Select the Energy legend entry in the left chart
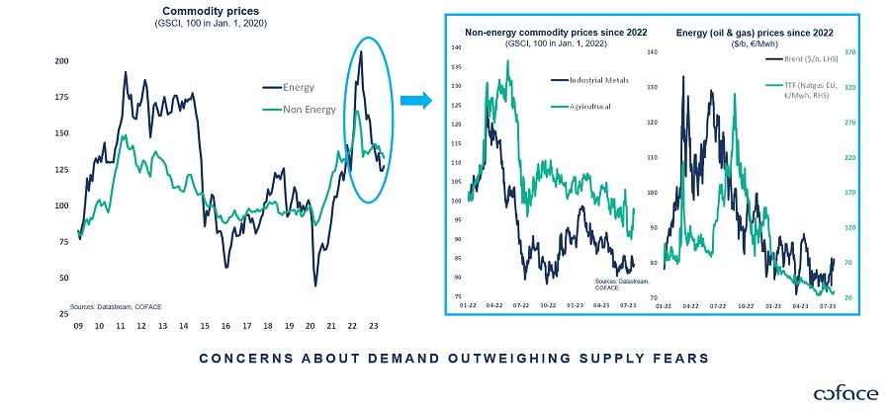tap(298, 88)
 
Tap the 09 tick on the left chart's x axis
tap(78, 325)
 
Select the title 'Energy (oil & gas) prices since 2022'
tap(752, 32)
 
